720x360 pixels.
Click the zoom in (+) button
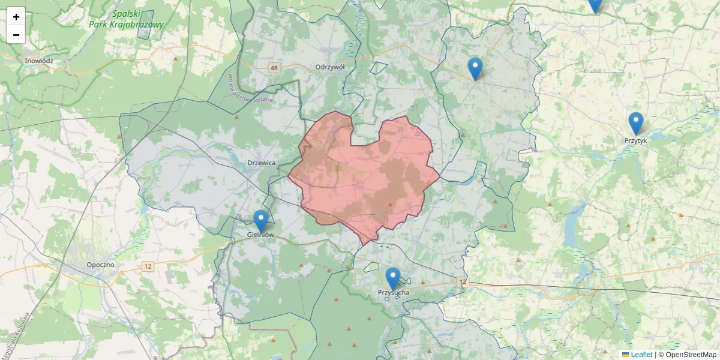click(x=16, y=17)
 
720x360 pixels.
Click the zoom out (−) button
click(x=16, y=35)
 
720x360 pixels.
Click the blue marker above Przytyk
click(x=635, y=123)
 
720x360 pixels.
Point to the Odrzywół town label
click(x=330, y=67)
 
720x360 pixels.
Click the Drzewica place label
click(x=261, y=163)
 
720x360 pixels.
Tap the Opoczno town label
click(x=100, y=265)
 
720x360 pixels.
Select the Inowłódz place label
click(x=39, y=61)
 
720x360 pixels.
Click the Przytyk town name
click(x=635, y=140)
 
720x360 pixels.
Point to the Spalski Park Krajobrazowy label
click(x=126, y=19)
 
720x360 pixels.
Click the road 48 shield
click(x=274, y=68)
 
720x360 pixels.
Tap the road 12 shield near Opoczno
click(x=148, y=265)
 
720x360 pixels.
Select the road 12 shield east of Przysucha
click(x=461, y=281)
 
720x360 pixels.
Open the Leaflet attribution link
click(x=641, y=355)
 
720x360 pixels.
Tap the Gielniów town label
click(x=260, y=235)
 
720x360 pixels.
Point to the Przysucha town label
click(x=394, y=292)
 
